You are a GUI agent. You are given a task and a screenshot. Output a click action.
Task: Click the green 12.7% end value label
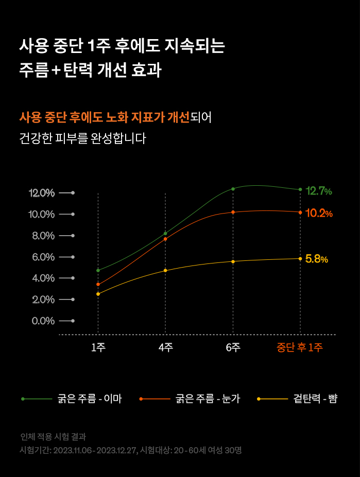pos(319,191)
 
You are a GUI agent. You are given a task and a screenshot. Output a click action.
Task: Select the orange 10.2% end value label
pos(319,213)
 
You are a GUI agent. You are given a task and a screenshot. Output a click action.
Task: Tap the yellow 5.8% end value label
pos(316,259)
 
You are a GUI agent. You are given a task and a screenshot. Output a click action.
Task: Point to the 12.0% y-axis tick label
pos(42,193)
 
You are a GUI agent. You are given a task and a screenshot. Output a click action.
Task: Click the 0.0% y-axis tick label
pos(43,321)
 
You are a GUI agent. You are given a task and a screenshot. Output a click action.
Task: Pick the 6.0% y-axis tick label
pos(43,257)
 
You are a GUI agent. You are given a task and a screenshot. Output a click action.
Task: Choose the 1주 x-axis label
pos(98,347)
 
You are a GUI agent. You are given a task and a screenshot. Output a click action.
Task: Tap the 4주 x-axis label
pos(165,347)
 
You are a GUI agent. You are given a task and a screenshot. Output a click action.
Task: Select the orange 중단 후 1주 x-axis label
pos(300,347)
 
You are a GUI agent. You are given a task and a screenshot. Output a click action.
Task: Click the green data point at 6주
pos(233,189)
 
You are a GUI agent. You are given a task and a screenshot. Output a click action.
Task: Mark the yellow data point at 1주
pos(98,294)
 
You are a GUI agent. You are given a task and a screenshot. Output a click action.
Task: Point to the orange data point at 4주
pos(165,239)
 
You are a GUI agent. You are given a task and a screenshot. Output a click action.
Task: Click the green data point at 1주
pos(98,270)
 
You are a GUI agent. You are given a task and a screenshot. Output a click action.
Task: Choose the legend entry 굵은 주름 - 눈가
pos(208,399)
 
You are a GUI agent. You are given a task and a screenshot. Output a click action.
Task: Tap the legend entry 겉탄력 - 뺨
pos(315,399)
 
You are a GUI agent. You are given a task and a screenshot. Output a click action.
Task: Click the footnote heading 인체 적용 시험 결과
pos(53,437)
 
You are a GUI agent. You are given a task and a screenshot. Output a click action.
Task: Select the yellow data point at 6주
pos(233,261)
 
